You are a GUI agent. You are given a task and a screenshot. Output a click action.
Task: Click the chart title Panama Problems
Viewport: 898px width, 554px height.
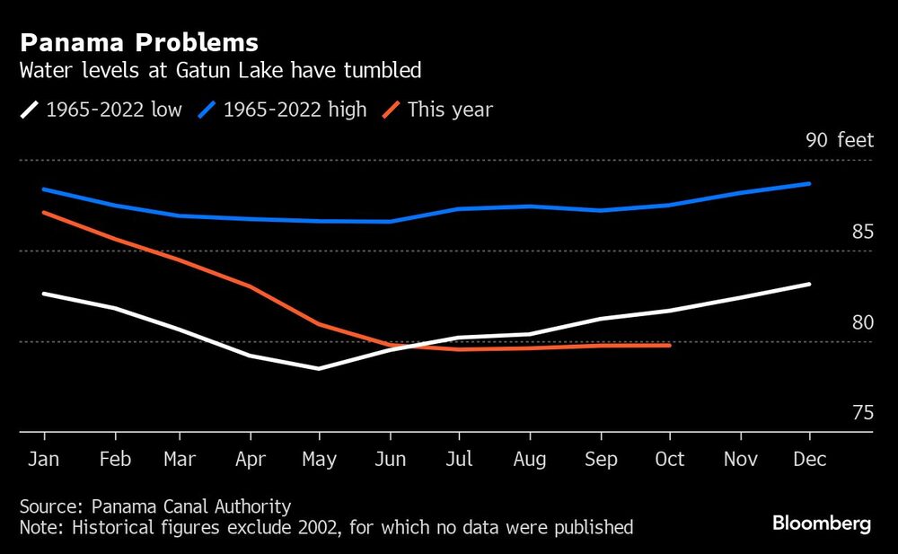coord(139,42)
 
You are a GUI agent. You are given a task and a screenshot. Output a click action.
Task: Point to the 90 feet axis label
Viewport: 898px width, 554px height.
coord(839,140)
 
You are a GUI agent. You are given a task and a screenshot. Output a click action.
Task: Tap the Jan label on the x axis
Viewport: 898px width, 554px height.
coord(44,460)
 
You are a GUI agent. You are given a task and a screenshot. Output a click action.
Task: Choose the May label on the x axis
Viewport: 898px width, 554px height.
coord(319,460)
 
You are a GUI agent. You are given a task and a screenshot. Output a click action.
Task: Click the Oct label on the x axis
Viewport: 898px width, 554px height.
coord(669,460)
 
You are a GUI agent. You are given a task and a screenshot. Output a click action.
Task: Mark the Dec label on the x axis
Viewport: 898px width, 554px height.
coord(809,460)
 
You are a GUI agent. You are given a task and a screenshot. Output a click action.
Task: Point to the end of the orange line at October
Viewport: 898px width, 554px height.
coord(670,345)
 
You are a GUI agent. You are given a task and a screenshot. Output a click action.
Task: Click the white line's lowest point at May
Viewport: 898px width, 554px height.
coord(319,368)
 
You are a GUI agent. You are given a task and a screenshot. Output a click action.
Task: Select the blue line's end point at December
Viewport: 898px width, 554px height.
coord(810,183)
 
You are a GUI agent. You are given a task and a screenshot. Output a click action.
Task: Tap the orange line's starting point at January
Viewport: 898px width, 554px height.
coord(43,212)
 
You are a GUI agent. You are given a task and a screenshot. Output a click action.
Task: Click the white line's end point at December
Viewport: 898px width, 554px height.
coord(810,284)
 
